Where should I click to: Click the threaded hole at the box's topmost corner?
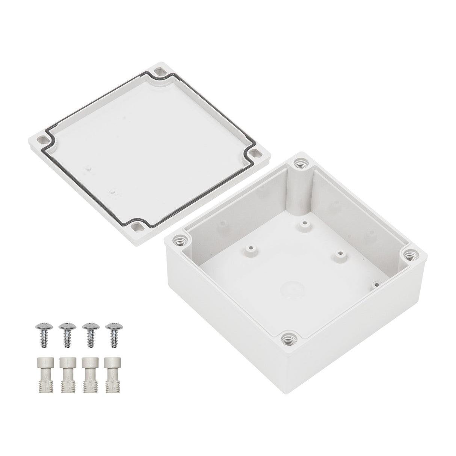click(300, 163)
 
